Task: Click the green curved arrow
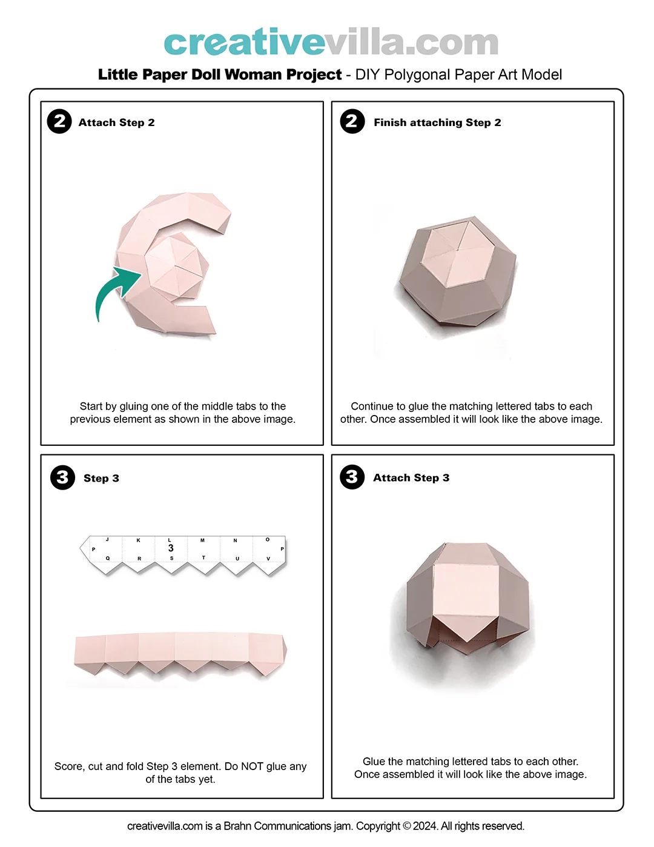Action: (111, 288)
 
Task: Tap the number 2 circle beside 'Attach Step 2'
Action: (59, 121)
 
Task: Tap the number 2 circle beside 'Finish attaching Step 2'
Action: (352, 121)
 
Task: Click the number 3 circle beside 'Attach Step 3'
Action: (352, 477)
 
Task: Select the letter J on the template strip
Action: (107, 539)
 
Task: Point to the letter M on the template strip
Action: (202, 540)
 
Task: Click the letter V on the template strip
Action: (268, 559)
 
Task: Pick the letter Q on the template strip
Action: (108, 558)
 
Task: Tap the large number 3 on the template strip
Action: (171, 548)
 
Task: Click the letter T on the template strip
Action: (203, 558)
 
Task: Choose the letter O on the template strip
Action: (268, 539)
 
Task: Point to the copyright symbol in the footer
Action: (407, 826)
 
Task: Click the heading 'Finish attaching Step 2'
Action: (437, 122)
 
